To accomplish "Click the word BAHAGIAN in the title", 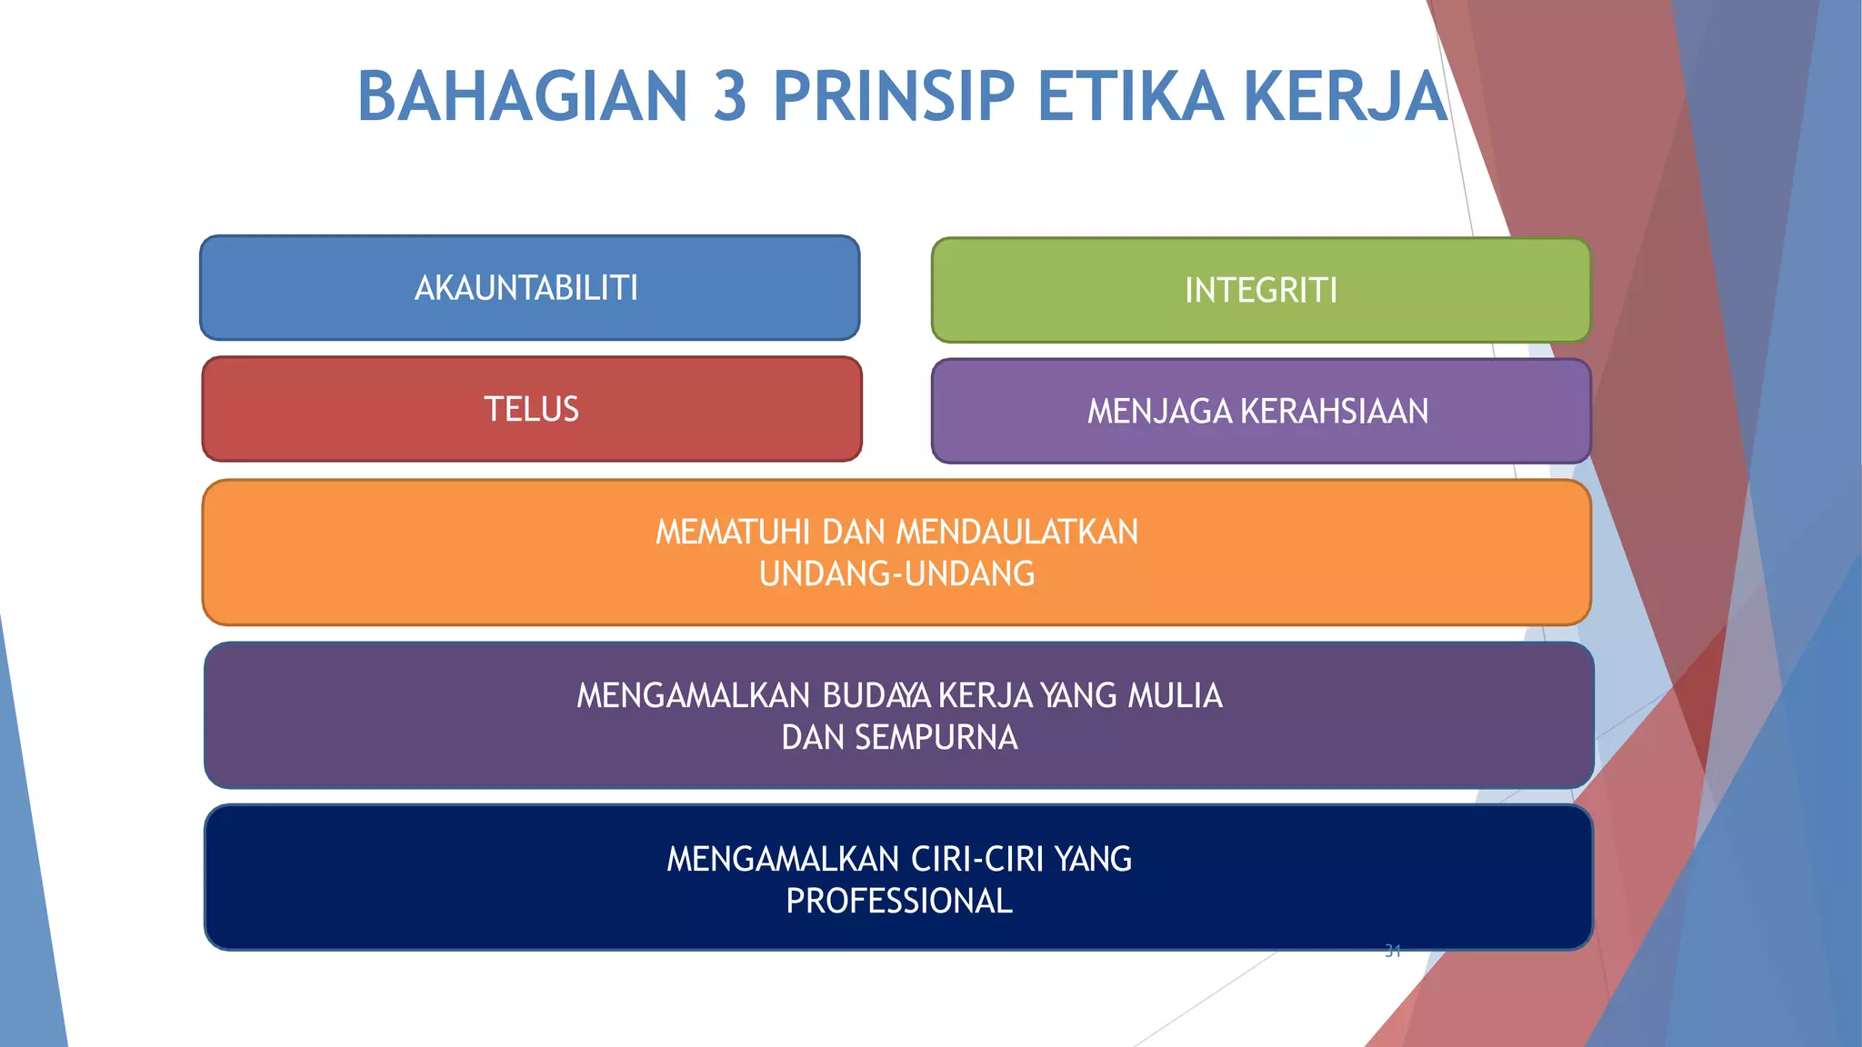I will (523, 96).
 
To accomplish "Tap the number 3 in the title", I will (730, 96).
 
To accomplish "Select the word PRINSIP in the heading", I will (894, 96).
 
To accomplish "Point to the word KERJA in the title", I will (1345, 96).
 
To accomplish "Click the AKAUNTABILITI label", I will (526, 288).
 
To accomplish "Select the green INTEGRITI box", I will (1261, 291).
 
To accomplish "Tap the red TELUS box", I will (532, 409).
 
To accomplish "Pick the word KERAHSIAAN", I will (1335, 412).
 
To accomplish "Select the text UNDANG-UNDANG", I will (897, 574).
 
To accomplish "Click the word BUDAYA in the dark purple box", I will (876, 696).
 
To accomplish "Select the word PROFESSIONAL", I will (899, 902).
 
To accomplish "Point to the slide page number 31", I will (1392, 952).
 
